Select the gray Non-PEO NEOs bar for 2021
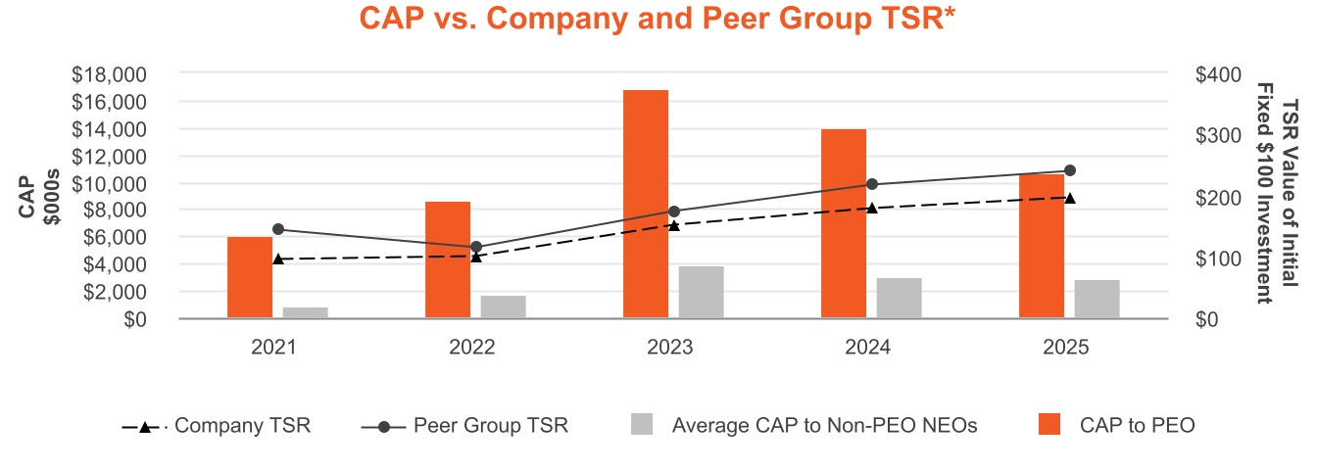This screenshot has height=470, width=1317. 306,312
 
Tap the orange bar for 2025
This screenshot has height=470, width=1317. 1042,246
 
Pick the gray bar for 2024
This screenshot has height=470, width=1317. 899,298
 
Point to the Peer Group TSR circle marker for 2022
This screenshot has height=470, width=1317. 476,247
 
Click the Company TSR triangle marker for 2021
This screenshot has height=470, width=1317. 278,259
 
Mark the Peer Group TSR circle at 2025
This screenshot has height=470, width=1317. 1070,170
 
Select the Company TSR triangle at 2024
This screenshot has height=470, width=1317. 872,208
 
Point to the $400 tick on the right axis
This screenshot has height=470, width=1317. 1219,74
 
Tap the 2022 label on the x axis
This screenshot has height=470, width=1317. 472,348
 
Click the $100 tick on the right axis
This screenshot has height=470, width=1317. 1219,258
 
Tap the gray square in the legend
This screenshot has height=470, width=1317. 642,425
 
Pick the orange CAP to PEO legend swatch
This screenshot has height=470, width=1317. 1049,425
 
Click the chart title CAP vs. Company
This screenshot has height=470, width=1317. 658,19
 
